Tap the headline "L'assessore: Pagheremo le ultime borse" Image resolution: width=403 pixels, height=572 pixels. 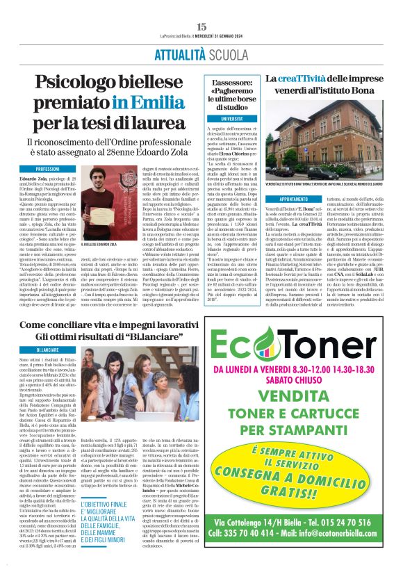(228, 94)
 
